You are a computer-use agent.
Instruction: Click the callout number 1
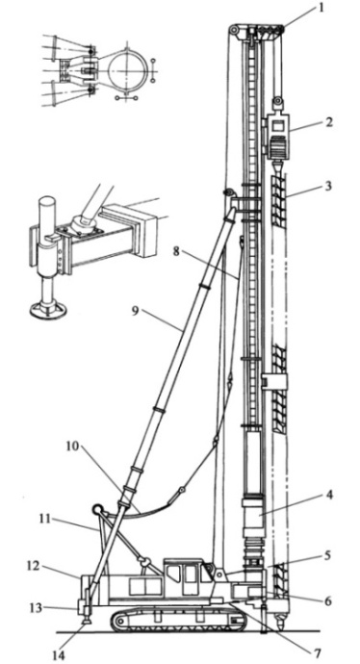click(x=321, y=8)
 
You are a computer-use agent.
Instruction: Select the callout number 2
click(x=329, y=122)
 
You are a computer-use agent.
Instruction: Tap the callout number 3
click(x=329, y=186)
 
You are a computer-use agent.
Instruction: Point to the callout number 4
click(x=329, y=495)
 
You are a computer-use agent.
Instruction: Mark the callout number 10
click(x=73, y=447)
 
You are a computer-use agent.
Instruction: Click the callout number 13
click(x=36, y=608)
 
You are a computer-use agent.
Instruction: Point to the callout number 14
click(x=59, y=655)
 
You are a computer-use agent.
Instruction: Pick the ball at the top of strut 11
click(x=99, y=508)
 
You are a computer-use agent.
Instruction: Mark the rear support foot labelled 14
click(x=86, y=620)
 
